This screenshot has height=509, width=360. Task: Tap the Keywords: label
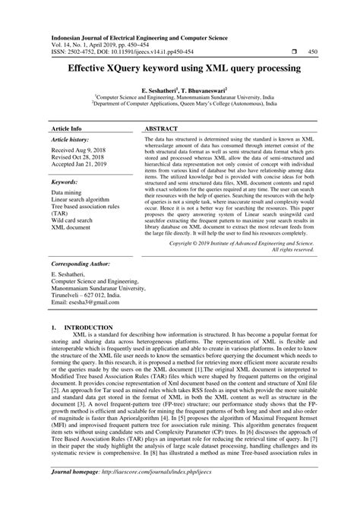click(67, 183)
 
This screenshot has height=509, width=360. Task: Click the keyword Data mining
click(68, 194)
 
